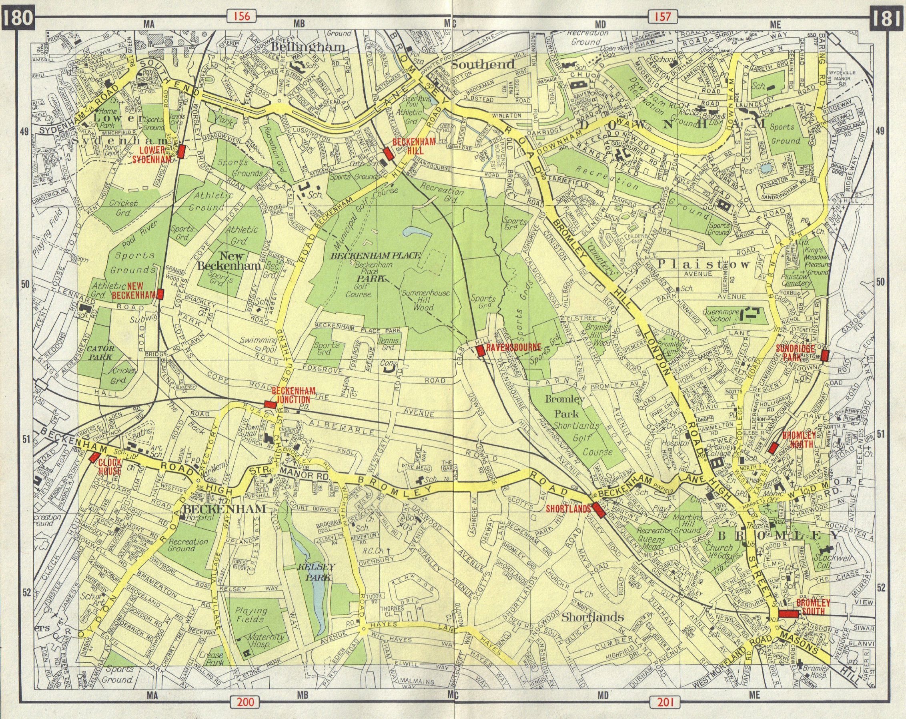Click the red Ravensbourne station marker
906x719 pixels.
pyautogui.click(x=481, y=351)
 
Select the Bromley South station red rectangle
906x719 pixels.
pyautogui.click(x=788, y=613)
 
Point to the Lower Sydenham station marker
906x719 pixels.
pyautogui.click(x=182, y=151)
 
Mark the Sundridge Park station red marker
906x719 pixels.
pyautogui.click(x=824, y=356)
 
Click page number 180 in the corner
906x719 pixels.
pyautogui.click(x=17, y=17)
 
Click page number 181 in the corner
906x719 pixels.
pyautogui.click(x=889, y=17)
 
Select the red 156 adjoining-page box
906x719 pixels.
pyautogui.click(x=242, y=16)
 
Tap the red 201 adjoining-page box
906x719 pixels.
pyautogui.click(x=663, y=701)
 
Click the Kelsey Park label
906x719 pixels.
pyautogui.click(x=316, y=572)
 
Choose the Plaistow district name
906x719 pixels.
pyautogui.click(x=704, y=264)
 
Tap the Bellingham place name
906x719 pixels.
pyautogui.click(x=309, y=47)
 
